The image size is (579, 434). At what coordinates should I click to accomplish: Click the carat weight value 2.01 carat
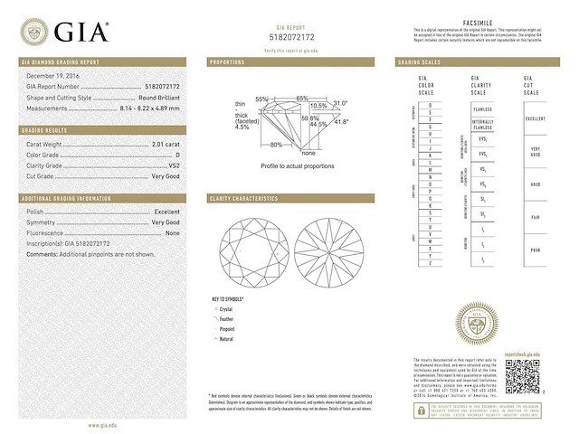point(165,144)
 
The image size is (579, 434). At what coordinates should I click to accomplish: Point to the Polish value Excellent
point(167,211)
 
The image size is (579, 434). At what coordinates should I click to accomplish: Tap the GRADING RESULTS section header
point(46,130)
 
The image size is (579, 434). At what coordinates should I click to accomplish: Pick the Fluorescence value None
point(172,232)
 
